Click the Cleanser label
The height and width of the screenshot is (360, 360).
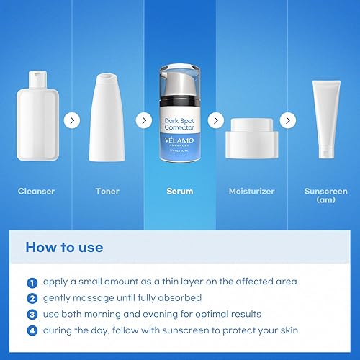[x=36, y=192]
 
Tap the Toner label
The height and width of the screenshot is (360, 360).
[x=107, y=192]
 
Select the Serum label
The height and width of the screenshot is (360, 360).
[x=180, y=192]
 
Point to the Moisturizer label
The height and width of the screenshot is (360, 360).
[x=251, y=192]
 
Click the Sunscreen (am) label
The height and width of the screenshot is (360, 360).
[x=325, y=195]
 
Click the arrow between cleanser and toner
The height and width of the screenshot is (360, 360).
[x=71, y=120]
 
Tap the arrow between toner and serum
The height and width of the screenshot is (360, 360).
[x=144, y=120]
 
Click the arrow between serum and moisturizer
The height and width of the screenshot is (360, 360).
[x=215, y=120]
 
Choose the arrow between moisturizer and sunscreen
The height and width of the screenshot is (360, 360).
[x=288, y=120]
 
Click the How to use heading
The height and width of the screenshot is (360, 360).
[x=65, y=248]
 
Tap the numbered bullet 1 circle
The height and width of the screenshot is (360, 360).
[x=32, y=282]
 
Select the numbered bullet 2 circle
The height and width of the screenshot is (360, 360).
[x=32, y=298]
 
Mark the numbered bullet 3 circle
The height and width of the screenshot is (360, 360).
[x=32, y=314]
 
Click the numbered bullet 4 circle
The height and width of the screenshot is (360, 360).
[x=32, y=330]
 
